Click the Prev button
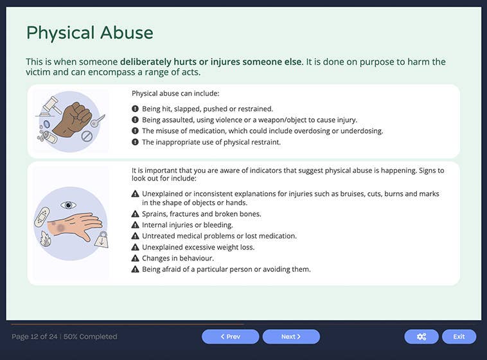click(x=230, y=336)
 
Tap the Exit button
click(x=459, y=336)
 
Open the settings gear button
click(x=421, y=336)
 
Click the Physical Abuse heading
click(x=89, y=33)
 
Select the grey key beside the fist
click(x=97, y=120)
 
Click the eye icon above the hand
click(x=68, y=205)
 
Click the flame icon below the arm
click(x=46, y=240)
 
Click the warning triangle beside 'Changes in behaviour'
click(x=135, y=258)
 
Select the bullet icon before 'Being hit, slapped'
click(x=135, y=109)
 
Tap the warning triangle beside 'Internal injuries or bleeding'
click(x=135, y=225)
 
